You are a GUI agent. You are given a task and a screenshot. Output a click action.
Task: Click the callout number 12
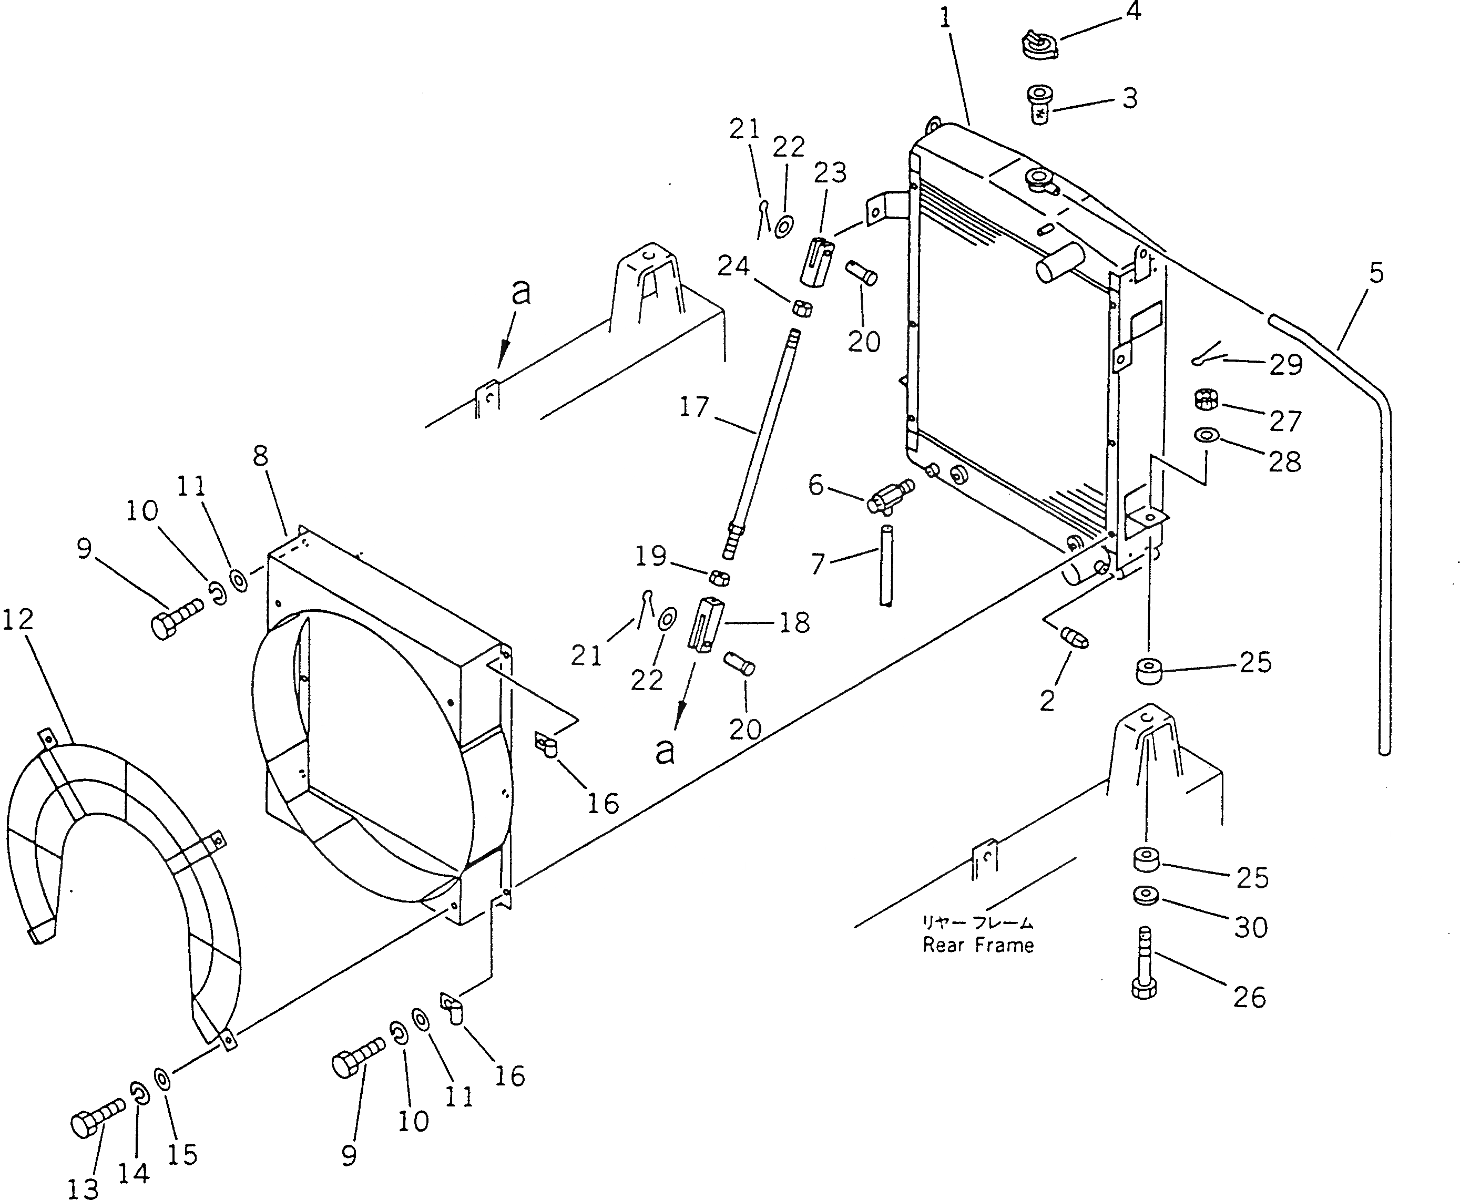pyautogui.click(x=18, y=620)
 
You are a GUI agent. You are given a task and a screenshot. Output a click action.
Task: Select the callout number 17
pyautogui.click(x=694, y=407)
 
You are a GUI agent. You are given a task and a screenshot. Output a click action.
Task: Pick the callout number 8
pyautogui.click(x=261, y=456)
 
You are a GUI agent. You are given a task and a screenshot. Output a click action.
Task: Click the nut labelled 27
pyautogui.click(x=1206, y=399)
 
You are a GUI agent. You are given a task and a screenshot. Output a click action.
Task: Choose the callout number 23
pyautogui.click(x=830, y=173)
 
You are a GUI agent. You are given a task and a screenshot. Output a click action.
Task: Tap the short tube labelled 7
pyautogui.click(x=887, y=566)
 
